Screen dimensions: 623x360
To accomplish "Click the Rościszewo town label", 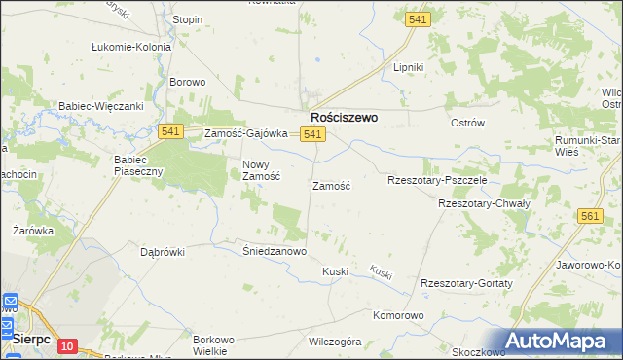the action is click(x=344, y=117).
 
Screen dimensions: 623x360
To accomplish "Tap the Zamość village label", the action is click(x=331, y=185).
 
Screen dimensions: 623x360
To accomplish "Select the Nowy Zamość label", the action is click(x=261, y=170).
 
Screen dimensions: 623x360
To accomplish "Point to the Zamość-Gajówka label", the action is click(x=245, y=134).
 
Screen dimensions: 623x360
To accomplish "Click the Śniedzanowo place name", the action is click(x=275, y=251).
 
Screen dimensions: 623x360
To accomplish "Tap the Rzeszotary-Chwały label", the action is click(x=483, y=204).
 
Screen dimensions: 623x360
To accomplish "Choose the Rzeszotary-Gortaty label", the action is click(x=466, y=282).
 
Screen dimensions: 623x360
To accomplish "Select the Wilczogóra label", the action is click(x=335, y=342).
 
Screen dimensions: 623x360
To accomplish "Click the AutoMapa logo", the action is click(x=564, y=342).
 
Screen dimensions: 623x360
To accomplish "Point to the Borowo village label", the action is click(x=188, y=82).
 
